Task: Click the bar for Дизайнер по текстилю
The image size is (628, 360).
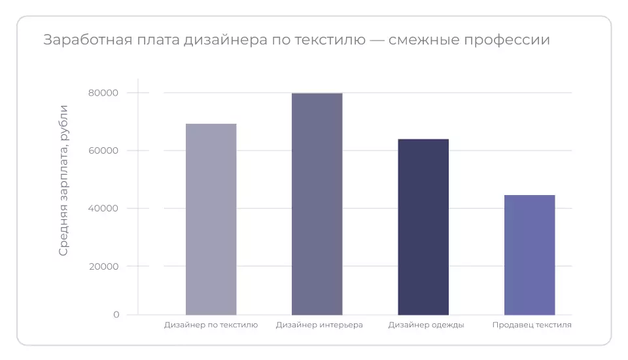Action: [x=211, y=219]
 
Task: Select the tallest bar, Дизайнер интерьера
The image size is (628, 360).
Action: [x=317, y=204]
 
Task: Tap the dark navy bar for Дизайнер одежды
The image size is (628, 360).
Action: [x=423, y=227]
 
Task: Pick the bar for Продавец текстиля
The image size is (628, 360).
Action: [x=529, y=255]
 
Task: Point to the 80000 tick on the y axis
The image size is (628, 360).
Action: [x=103, y=93]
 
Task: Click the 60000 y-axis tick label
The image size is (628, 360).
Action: [x=103, y=151]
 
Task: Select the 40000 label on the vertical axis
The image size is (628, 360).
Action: [x=103, y=208]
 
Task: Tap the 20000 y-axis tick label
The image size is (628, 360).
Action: [x=103, y=266]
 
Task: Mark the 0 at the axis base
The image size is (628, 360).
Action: [x=116, y=315]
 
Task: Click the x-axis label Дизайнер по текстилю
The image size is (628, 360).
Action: [x=211, y=325]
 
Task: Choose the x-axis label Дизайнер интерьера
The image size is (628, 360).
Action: [x=319, y=325]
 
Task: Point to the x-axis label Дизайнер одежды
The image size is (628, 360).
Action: [x=426, y=325]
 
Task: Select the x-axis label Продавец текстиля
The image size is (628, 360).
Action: [x=532, y=325]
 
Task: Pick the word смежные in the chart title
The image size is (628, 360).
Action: [x=424, y=41]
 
